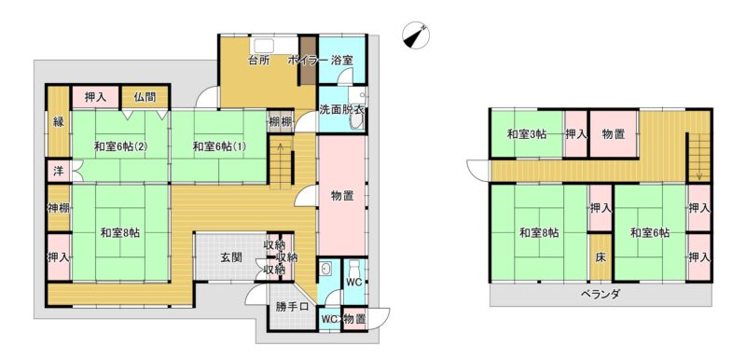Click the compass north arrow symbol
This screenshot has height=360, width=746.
pos(416,35)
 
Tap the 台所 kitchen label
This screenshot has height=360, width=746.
pos(260,61)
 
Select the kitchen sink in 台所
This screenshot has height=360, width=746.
pos(263,45)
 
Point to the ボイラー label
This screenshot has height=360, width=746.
pos(307,61)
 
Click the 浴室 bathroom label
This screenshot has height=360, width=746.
pos(342,61)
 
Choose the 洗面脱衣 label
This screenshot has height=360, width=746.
pos(341,109)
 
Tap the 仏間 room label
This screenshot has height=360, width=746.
pos(145,98)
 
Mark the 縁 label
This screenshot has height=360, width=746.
pos(58,122)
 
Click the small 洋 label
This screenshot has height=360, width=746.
pos(58,172)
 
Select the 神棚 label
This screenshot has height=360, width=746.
pos(59,208)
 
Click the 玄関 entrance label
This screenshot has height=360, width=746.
pos(231,257)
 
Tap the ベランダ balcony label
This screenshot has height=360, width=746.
pos(601,294)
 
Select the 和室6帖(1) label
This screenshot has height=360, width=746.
pos(219,146)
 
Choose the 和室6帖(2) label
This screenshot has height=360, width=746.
pos(119,146)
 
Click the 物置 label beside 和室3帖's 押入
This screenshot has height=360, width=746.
pos(614,134)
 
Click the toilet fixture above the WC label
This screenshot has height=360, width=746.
pos(354,266)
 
